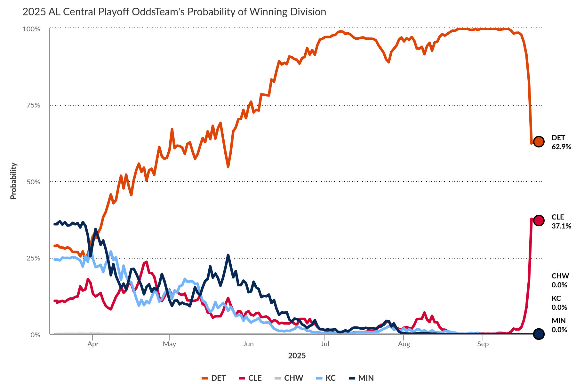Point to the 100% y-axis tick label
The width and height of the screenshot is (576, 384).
31,29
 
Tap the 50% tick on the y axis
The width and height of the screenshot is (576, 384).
33,182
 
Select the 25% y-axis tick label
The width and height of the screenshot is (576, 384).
33,258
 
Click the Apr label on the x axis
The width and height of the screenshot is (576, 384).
93,344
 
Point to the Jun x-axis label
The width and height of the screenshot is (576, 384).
248,344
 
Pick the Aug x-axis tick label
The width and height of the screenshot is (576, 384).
404,344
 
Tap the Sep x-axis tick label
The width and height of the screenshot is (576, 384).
483,344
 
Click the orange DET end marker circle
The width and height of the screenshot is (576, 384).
539,141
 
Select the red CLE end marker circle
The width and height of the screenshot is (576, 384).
539,220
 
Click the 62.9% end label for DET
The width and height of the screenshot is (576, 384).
561,147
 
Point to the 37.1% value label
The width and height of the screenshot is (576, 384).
561,226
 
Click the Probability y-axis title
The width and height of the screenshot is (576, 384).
13,181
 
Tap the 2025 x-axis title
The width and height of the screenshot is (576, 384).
297,356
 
